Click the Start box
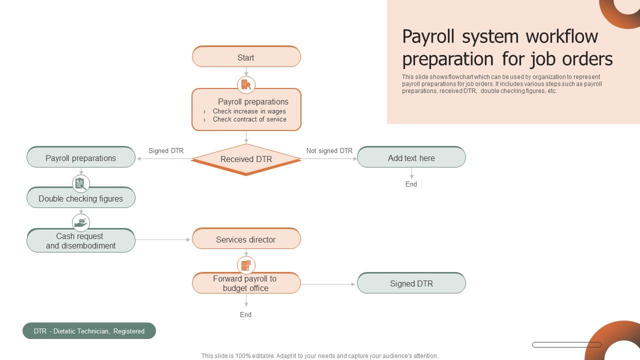[246, 57]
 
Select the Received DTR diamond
[246, 159]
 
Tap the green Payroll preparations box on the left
[81, 157]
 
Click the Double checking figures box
[81, 198]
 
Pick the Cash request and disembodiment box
[81, 240]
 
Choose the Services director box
[246, 239]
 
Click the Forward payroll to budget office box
[246, 283]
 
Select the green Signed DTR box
[411, 283]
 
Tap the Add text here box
[411, 157]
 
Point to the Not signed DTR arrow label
[329, 150]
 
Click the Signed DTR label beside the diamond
[166, 150]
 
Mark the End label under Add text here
[411, 184]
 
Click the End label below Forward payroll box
[245, 314]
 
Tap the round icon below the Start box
[246, 84]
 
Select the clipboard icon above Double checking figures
[80, 183]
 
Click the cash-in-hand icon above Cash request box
[80, 222]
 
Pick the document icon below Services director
[246, 265]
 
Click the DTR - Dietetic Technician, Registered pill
[89, 330]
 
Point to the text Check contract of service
[249, 119]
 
